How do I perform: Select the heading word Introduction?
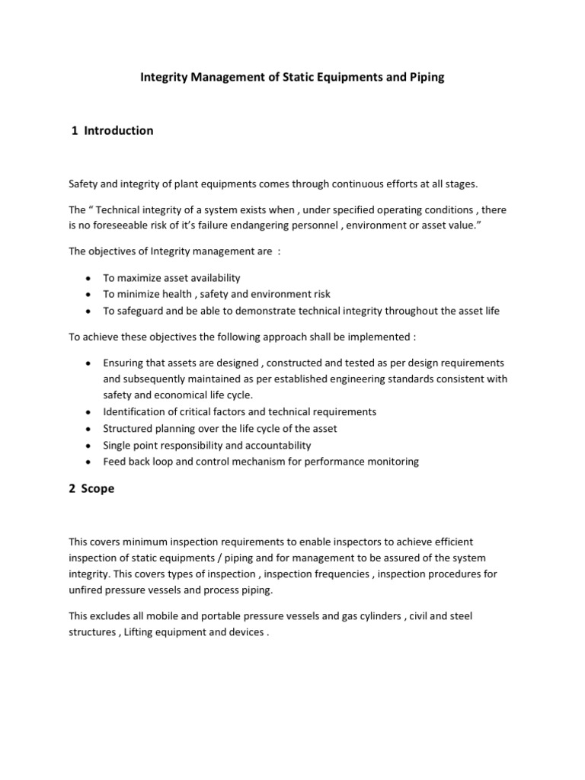point(119,131)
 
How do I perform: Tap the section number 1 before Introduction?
point(75,131)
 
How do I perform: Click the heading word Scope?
point(99,489)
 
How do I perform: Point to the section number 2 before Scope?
point(72,489)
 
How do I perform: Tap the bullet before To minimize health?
point(90,294)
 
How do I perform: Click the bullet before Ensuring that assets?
point(90,363)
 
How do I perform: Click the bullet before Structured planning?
point(90,428)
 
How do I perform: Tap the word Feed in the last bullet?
point(115,462)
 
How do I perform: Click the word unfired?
point(88,590)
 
